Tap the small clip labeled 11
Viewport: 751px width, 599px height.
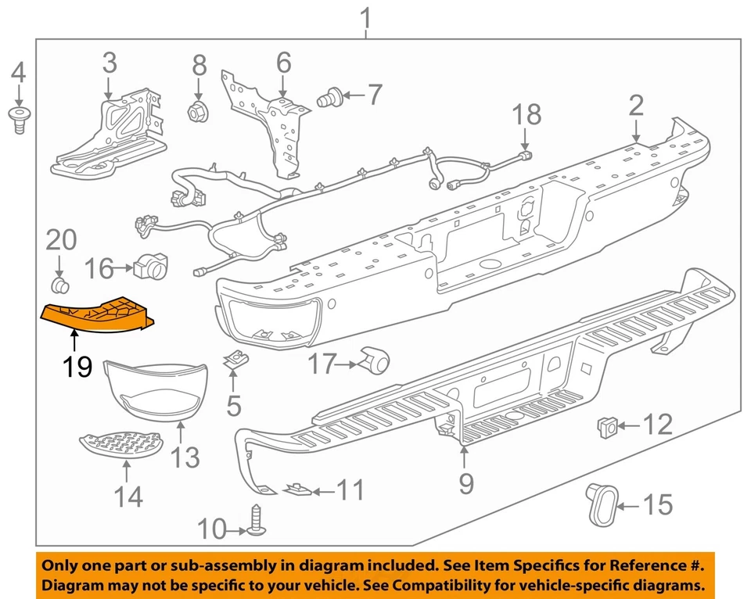click(x=296, y=490)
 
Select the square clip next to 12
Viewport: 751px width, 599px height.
click(x=605, y=426)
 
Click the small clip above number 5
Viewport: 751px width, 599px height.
click(x=233, y=361)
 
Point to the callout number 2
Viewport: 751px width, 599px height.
click(x=636, y=106)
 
